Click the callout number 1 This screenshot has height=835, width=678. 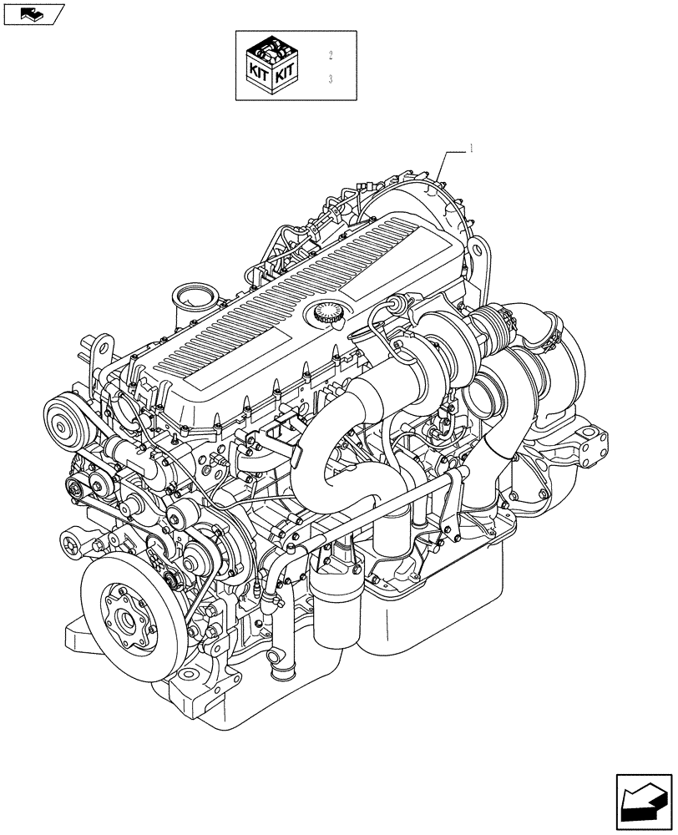(x=472, y=149)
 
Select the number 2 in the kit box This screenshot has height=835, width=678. (x=331, y=56)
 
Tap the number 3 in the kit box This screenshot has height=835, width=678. (x=331, y=80)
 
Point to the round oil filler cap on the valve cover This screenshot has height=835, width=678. (x=326, y=315)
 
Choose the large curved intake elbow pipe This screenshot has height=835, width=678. (x=334, y=434)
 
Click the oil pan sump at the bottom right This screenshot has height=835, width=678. (x=434, y=610)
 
